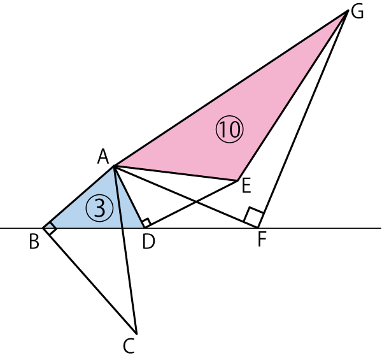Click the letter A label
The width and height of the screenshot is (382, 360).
coord(103,156)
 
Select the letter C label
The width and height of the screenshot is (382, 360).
coord(129,346)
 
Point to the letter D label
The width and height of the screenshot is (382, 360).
coord(149,241)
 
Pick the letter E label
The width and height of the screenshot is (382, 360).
coord(245,186)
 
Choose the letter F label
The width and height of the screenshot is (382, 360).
coord(262,241)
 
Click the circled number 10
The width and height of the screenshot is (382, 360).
coord(230,130)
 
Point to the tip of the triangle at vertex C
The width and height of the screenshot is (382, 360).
coord(136,333)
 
